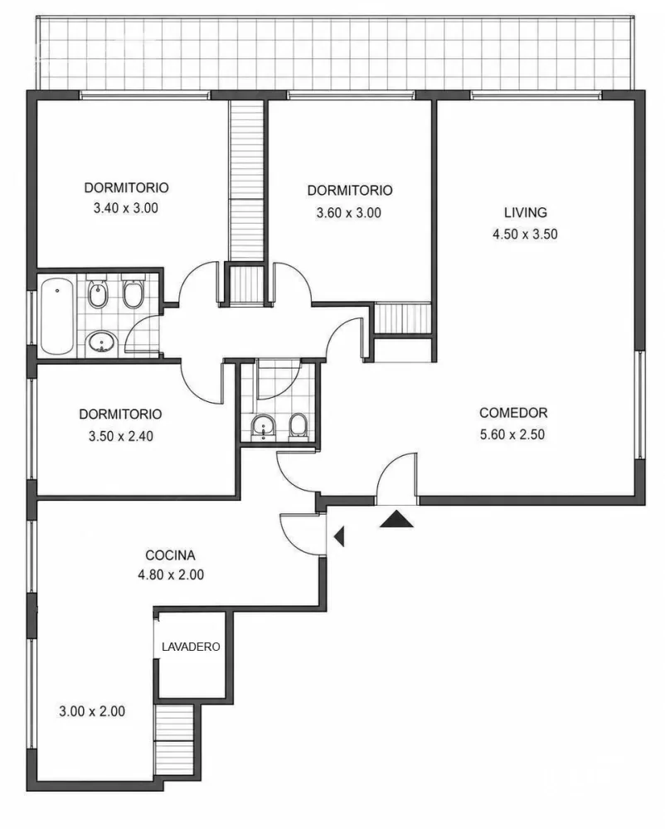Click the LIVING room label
click(525, 212)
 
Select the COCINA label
click(170, 555)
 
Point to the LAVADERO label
click(191, 647)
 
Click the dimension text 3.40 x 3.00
click(126, 208)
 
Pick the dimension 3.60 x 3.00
click(349, 212)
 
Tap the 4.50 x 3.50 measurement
click(525, 234)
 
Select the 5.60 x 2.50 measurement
click(512, 434)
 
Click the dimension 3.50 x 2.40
click(121, 436)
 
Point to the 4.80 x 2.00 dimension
click(171, 574)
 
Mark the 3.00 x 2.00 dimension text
click(92, 711)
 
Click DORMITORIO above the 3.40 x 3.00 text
click(126, 187)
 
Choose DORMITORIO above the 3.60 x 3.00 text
click(350, 191)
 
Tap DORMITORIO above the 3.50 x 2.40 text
click(120, 414)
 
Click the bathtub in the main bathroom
click(56, 316)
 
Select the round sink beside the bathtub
click(101, 342)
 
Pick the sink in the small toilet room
click(263, 427)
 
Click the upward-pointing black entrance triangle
click(396, 519)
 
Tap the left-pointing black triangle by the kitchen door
click(339, 536)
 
